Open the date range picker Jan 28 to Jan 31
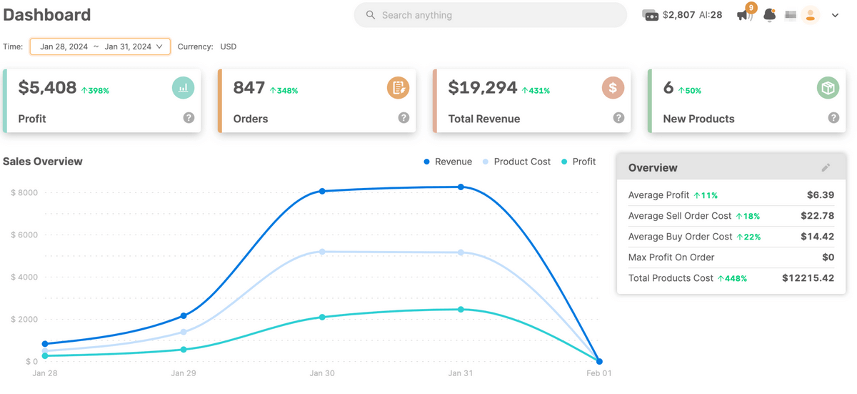click(100, 46)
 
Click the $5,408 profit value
click(47, 88)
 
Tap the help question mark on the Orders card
click(404, 118)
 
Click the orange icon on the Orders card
click(398, 88)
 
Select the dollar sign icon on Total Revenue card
click(613, 88)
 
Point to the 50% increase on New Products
click(690, 91)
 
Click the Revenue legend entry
click(448, 162)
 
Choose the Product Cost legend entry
click(516, 162)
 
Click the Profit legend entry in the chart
click(578, 162)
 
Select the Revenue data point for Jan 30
click(322, 191)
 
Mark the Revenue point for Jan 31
click(461, 187)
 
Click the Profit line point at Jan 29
click(184, 350)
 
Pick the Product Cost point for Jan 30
click(322, 252)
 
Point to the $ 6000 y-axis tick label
click(24, 235)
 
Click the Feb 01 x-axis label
click(598, 373)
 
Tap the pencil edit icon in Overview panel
click(826, 167)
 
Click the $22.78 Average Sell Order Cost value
click(817, 215)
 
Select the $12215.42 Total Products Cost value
click(808, 278)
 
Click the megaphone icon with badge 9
click(743, 15)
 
